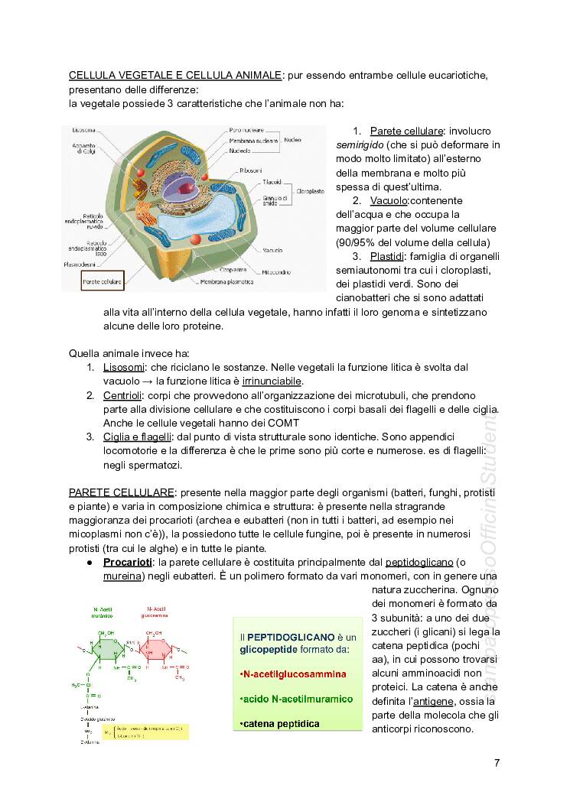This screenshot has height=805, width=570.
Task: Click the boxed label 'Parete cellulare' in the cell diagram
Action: pyautogui.click(x=102, y=282)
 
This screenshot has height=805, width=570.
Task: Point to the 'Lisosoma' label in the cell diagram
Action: pyautogui.click(x=83, y=130)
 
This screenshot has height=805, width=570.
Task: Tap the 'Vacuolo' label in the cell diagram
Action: pyautogui.click(x=272, y=250)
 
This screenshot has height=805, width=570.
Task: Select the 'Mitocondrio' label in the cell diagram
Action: pyautogui.click(x=275, y=271)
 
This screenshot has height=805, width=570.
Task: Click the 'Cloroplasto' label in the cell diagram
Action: pyautogui.click(x=311, y=190)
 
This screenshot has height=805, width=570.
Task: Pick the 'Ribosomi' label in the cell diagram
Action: pyautogui.click(x=251, y=170)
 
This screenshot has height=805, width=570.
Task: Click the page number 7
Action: pyautogui.click(x=497, y=762)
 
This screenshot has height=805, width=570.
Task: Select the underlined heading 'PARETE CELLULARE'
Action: pyautogui.click(x=122, y=490)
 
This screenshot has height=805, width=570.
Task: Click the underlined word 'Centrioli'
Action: pyautogui.click(x=123, y=395)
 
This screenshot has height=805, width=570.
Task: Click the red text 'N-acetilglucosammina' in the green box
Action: pyautogui.click(x=292, y=674)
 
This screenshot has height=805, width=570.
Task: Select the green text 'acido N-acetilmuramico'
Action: pyautogui.click(x=296, y=699)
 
